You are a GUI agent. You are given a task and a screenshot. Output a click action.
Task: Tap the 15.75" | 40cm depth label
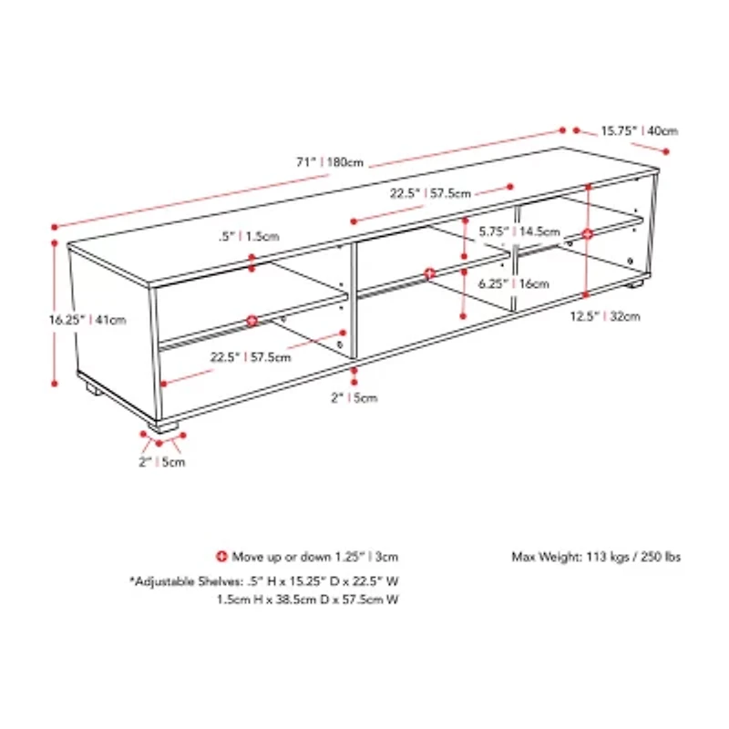[638, 130]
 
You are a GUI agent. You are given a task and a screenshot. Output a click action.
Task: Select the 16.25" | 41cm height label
[87, 320]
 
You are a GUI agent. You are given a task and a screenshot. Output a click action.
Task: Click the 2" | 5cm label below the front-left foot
[161, 462]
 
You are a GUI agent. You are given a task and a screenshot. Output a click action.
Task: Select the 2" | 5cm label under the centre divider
[354, 397]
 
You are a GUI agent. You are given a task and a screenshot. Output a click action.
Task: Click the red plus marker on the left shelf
[252, 320]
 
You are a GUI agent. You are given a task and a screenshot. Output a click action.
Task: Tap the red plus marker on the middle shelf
[430, 272]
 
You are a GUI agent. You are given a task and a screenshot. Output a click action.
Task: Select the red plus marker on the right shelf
[588, 234]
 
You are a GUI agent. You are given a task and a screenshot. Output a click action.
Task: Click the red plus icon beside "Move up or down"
[221, 556]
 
